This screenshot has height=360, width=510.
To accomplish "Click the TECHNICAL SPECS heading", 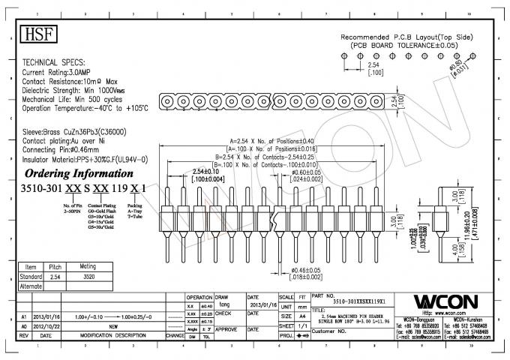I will click(x=53, y=62).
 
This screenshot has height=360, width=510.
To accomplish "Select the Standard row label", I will click(x=31, y=276).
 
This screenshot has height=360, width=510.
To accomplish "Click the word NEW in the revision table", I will click(x=113, y=326).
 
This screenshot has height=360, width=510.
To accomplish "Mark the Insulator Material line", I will click(x=84, y=160).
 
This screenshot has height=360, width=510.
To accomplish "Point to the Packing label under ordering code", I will click(x=134, y=204).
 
